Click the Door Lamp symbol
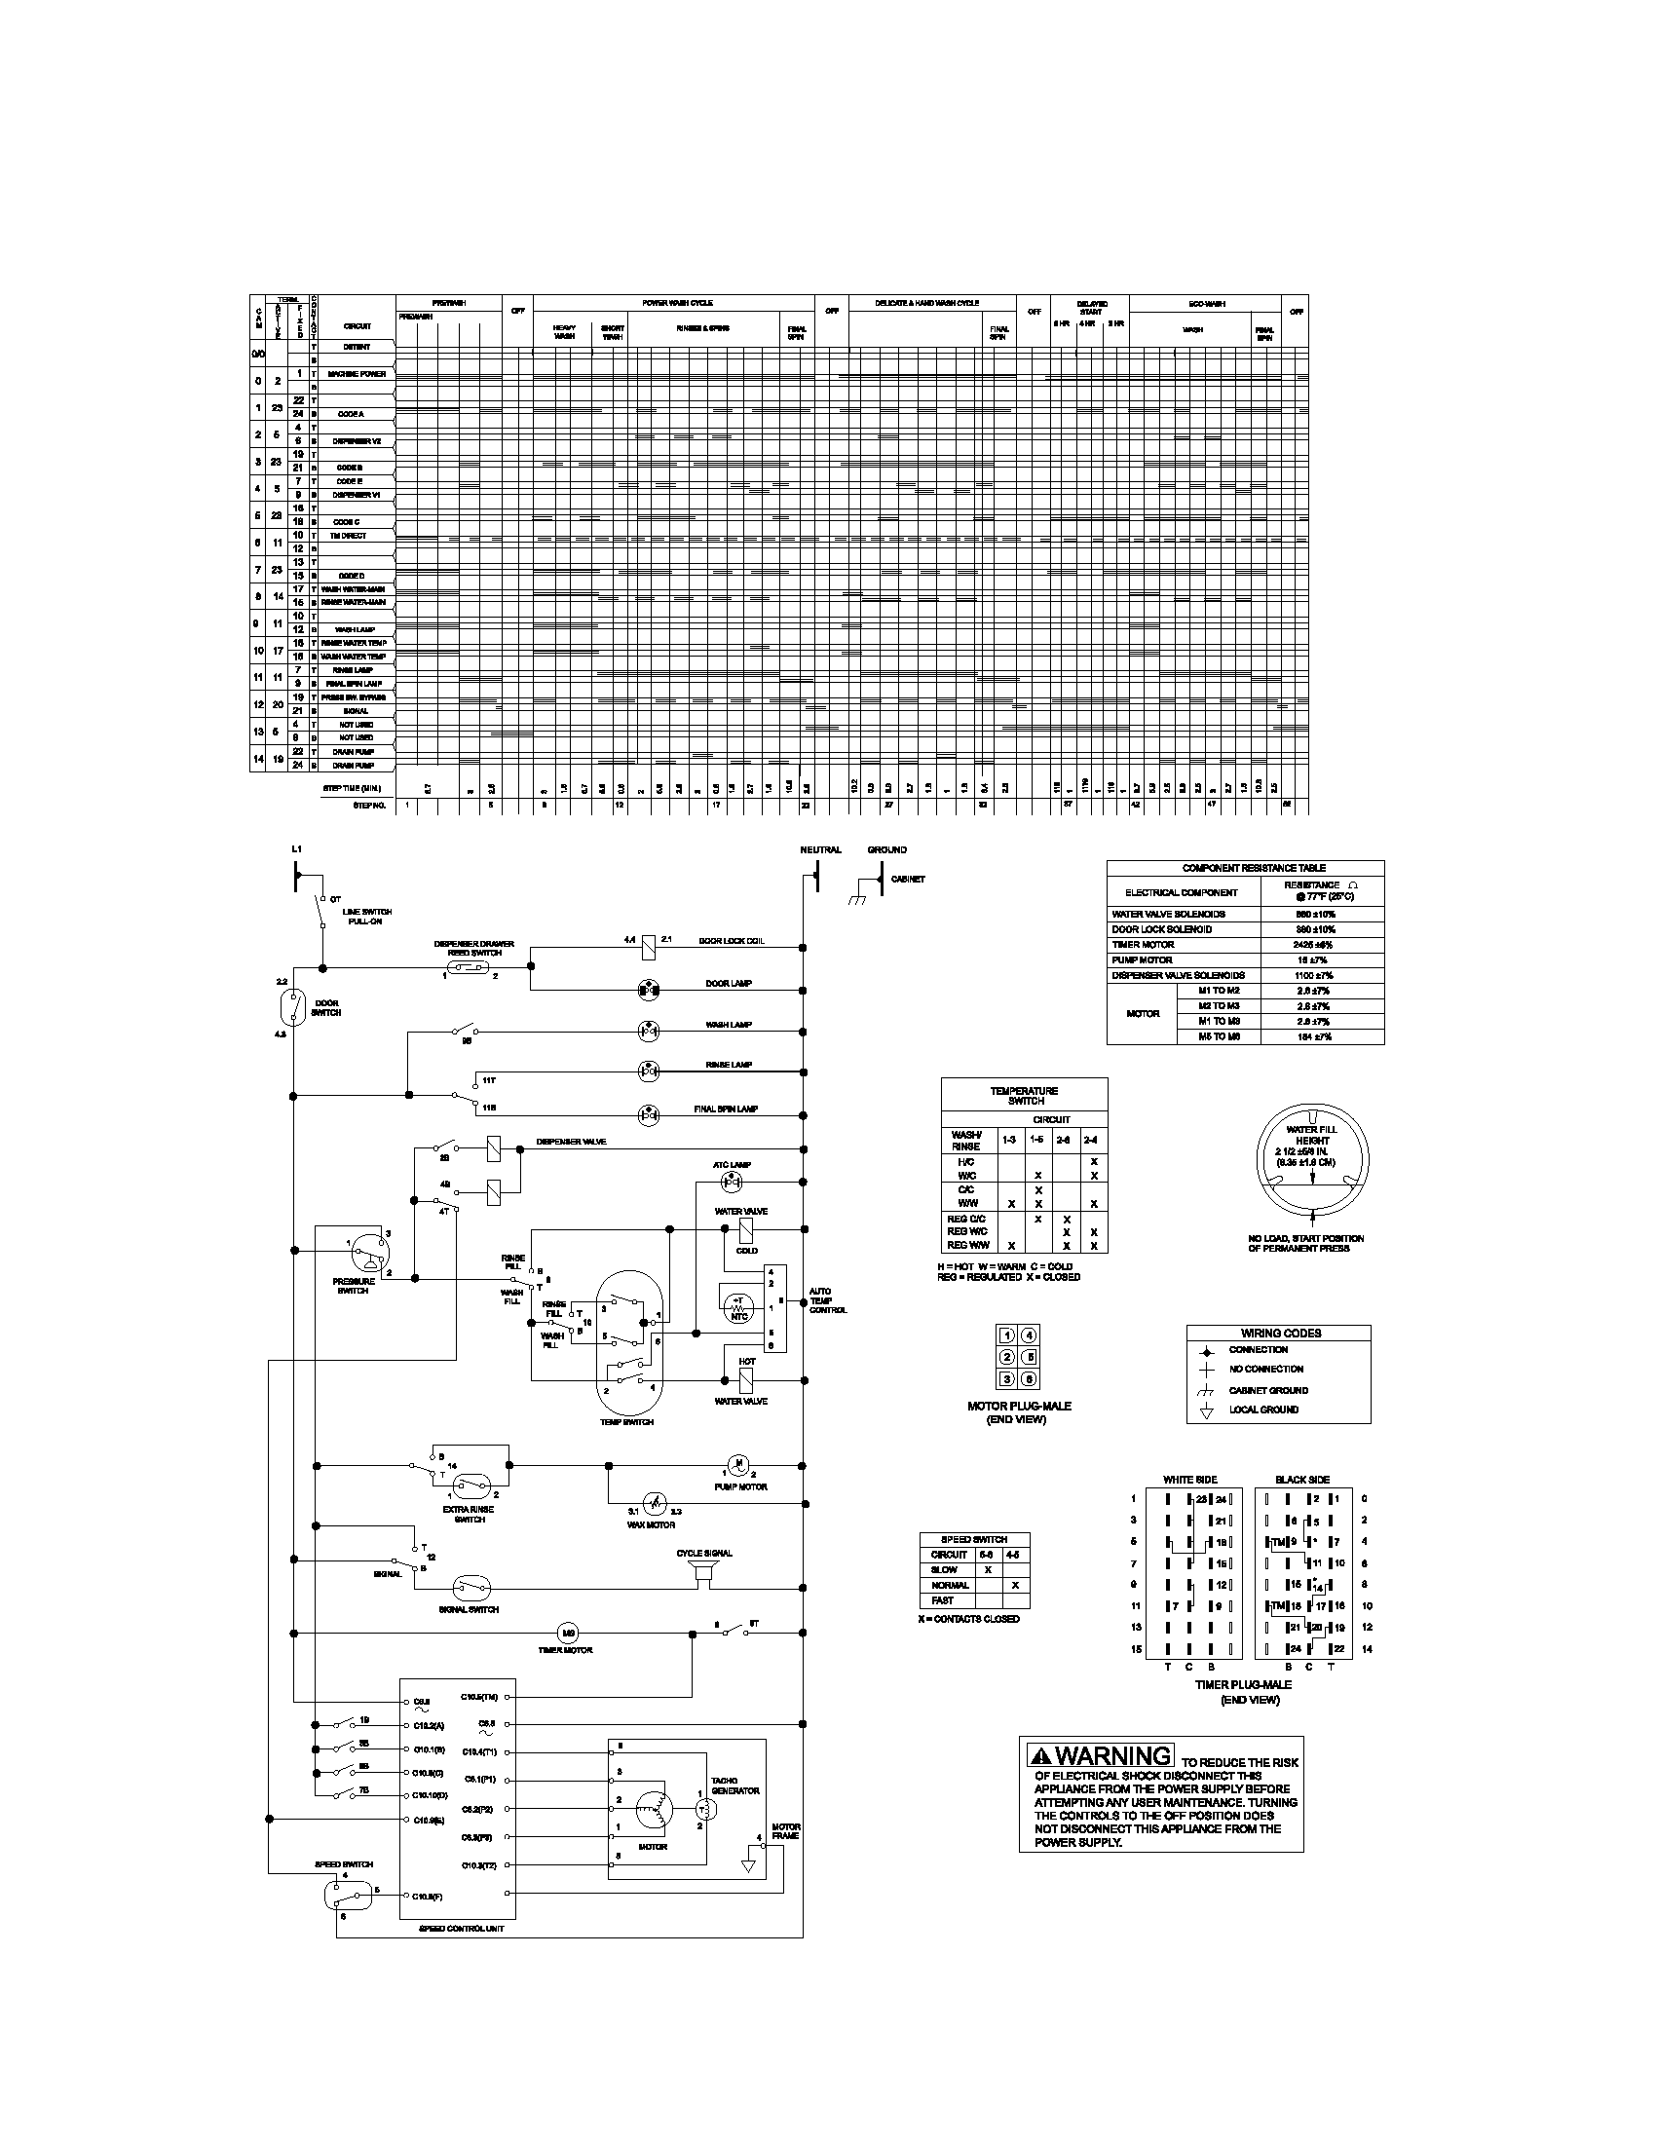648,990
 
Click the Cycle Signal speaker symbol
701,1573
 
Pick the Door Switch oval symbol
292,1006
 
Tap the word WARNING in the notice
1113,1754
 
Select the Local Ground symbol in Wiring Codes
1208,1411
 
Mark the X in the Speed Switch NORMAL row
1015,1585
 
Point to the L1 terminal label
296,849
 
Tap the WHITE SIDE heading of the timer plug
1189,1480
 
